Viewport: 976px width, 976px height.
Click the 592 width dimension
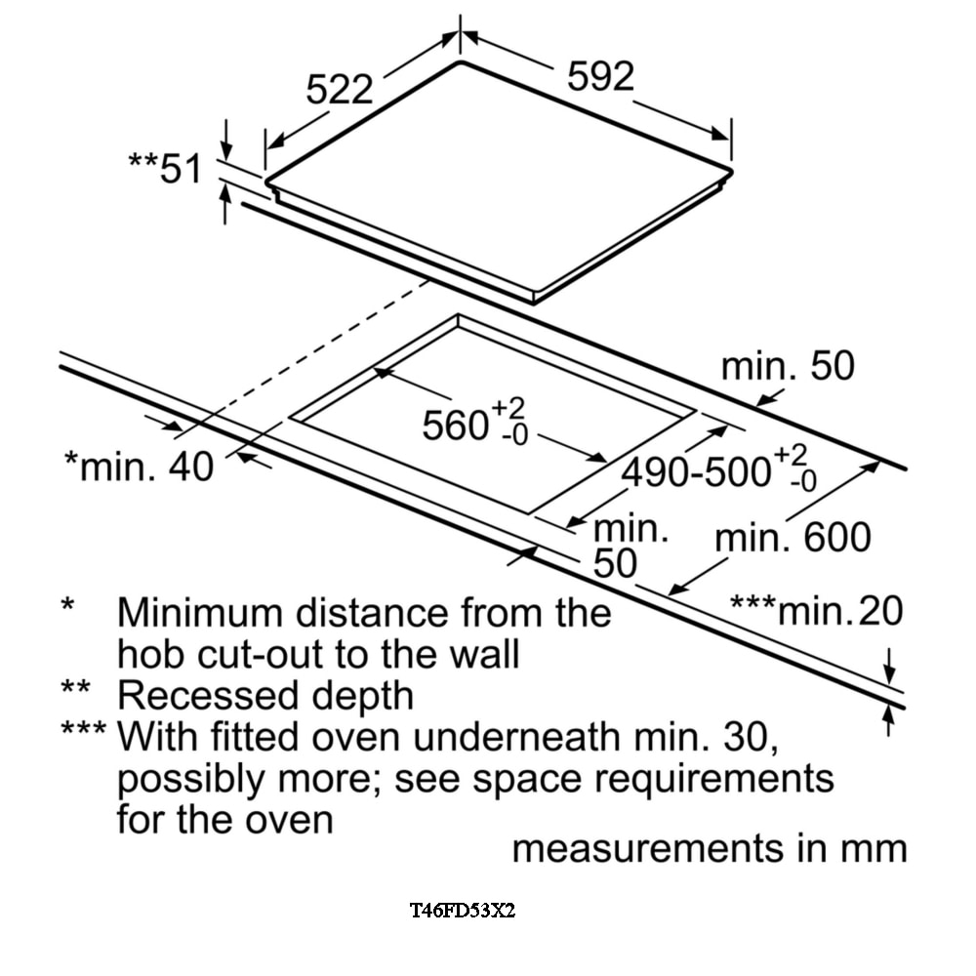click(600, 77)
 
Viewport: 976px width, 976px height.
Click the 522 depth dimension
click(340, 90)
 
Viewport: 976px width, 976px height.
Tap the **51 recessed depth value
click(165, 168)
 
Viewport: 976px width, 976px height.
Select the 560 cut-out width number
click(455, 426)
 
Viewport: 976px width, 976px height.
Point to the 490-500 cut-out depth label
click(699, 472)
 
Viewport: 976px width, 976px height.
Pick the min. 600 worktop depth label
click(793, 538)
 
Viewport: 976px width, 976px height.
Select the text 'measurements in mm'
click(710, 848)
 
